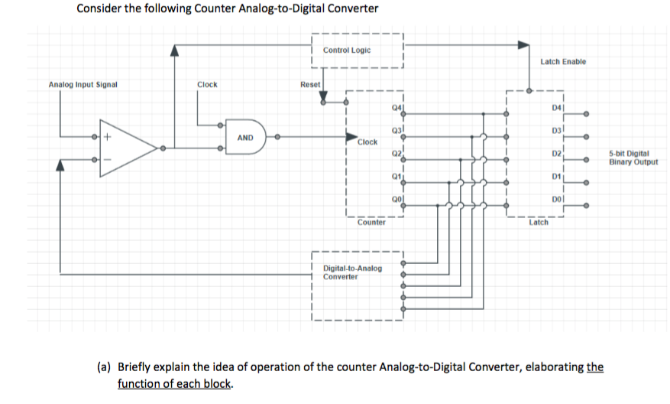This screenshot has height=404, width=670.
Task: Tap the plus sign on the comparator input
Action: click(108, 138)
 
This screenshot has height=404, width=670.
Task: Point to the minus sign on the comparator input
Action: click(108, 160)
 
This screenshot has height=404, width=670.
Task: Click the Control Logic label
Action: click(346, 50)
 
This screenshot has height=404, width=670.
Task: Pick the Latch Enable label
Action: click(562, 61)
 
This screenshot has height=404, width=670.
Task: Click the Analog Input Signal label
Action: click(83, 84)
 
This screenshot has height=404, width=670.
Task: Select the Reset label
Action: click(310, 84)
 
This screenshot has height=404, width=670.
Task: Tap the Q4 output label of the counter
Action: click(395, 109)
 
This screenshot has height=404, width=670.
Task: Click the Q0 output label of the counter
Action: click(395, 197)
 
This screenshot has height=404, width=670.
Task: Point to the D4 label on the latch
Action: click(555, 110)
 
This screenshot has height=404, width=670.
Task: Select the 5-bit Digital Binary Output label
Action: click(633, 158)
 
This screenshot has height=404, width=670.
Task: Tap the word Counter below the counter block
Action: click(371, 223)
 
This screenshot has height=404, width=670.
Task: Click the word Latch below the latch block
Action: click(538, 223)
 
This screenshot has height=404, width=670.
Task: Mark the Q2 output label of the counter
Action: click(395, 154)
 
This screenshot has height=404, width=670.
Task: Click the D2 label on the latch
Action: click(555, 155)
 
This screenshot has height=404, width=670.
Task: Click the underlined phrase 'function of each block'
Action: click(174, 383)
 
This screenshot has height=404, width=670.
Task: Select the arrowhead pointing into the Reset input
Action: click(323, 98)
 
